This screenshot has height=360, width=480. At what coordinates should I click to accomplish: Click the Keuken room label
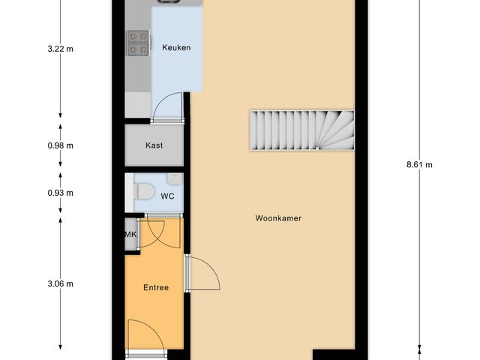(176, 48)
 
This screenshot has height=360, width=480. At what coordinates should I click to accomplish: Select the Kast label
(154, 145)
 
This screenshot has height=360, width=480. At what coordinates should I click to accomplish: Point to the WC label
(167, 196)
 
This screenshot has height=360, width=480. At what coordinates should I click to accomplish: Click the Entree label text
(156, 287)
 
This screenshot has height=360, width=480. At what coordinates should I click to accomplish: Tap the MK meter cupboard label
(130, 235)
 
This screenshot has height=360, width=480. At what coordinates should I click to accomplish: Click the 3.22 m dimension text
(59, 49)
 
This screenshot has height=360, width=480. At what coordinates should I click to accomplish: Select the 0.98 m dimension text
(59, 145)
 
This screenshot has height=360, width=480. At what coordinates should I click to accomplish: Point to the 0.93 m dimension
(59, 193)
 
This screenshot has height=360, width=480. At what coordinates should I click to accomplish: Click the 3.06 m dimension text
(59, 283)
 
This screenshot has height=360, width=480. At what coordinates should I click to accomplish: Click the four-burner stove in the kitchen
(137, 43)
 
